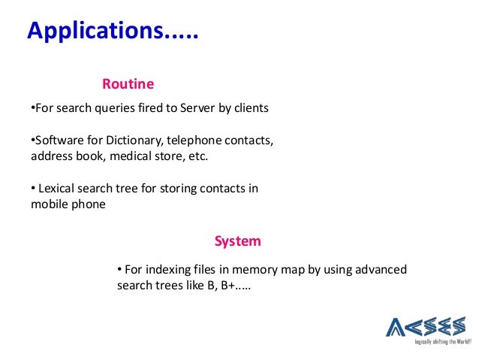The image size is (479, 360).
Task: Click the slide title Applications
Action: point(113,33)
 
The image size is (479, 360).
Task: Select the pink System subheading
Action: point(237,241)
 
